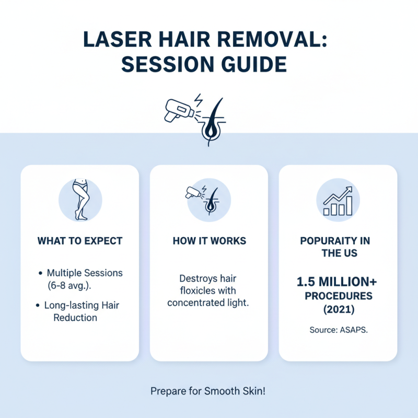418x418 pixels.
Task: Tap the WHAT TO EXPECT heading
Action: [79, 241]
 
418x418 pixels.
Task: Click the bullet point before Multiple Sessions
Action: [41, 273]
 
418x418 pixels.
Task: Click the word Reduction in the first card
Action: [75, 318]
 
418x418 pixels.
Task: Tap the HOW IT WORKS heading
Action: [209, 241]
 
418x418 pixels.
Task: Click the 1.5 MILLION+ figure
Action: [338, 282]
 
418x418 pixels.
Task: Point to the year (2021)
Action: [338, 308]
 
